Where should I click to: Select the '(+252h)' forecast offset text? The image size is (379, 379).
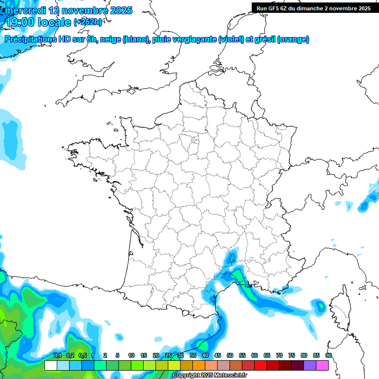coord(87,22)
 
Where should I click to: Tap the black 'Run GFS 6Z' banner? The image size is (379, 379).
coord(314,8)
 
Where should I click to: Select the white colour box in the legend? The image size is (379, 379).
coord(50,366)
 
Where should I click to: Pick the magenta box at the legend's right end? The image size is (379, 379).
coord(322,366)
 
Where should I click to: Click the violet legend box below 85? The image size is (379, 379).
coord(310,366)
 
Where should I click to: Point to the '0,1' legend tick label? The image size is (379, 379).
coord(57,356)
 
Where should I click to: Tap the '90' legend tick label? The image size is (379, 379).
coord(329,356)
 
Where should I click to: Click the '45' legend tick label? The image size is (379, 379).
coord(218,356)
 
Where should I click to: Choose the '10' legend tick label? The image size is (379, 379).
coord(131,356)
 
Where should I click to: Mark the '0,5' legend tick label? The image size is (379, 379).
coord(82,356)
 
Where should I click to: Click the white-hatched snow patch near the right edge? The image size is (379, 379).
coord(372,189)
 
